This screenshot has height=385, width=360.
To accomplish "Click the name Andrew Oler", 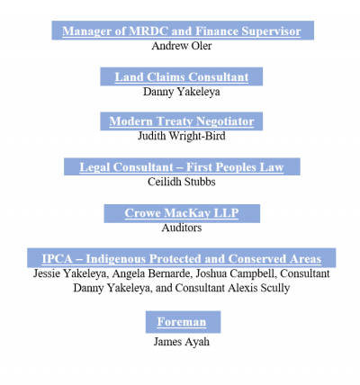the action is coord(182,46).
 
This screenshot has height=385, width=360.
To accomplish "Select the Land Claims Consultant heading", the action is coord(182,77).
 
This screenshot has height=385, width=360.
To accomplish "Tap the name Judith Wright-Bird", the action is coord(182,136).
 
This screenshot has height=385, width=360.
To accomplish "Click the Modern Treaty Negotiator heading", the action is coord(182,121).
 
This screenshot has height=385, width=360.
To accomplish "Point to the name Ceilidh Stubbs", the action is coord(182,182).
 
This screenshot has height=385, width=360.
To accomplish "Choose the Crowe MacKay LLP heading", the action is coord(182,213).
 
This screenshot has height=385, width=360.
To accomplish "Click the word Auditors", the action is coord(182,228).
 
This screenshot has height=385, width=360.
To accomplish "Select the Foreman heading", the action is coord(182,322).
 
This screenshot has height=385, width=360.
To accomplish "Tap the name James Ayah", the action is coord(182,342).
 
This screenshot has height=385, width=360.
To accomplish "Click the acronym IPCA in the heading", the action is coord(57,259).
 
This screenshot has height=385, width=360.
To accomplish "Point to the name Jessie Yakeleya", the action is coord(69,273).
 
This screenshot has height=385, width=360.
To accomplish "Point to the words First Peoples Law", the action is coord(235,167).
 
